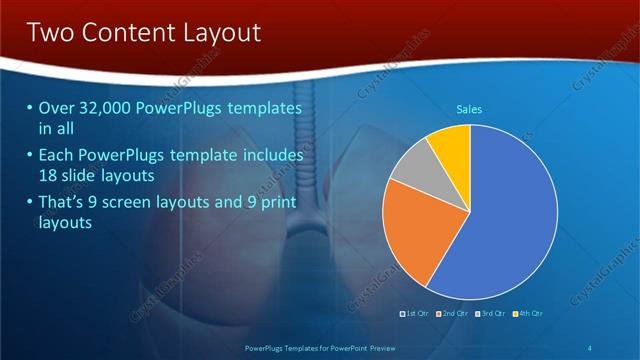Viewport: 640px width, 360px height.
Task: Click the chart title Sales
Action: (470, 108)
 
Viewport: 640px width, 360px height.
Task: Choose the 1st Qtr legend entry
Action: (414, 313)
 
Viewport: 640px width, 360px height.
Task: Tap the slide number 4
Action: (590, 347)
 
